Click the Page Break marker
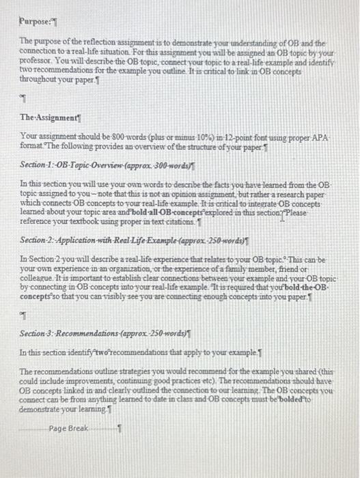pos(69,428)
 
